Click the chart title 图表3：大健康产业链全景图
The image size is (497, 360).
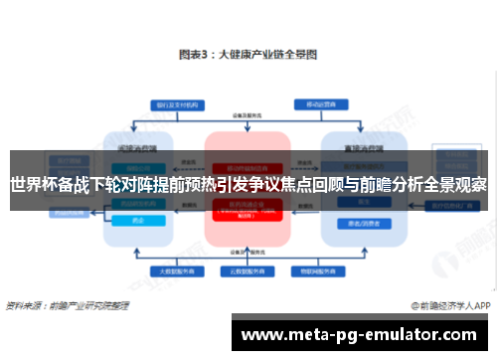(248, 56)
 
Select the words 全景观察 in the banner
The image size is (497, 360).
(458, 185)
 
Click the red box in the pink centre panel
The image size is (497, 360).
(248, 210)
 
